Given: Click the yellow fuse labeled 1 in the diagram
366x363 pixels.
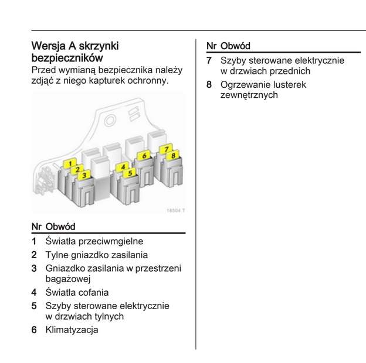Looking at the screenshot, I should (70, 164).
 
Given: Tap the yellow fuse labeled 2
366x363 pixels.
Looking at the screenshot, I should (77, 170).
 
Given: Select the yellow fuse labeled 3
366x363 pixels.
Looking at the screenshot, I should (84, 175).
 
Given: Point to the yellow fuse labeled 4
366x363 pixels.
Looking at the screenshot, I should (123, 167).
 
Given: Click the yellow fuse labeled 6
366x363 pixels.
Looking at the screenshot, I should (144, 156).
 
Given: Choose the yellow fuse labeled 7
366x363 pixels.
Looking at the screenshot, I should (167, 150).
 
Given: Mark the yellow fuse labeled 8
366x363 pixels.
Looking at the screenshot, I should (174, 156).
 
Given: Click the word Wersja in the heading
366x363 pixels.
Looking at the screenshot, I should (49, 46).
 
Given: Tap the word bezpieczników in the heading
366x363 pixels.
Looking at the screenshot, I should (67, 58).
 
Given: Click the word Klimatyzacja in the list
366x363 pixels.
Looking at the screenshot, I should (72, 330).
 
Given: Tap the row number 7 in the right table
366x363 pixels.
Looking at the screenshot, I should (209, 60).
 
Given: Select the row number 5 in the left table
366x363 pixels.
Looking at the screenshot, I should (34, 306).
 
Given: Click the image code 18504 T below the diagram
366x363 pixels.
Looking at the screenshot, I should (175, 209).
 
